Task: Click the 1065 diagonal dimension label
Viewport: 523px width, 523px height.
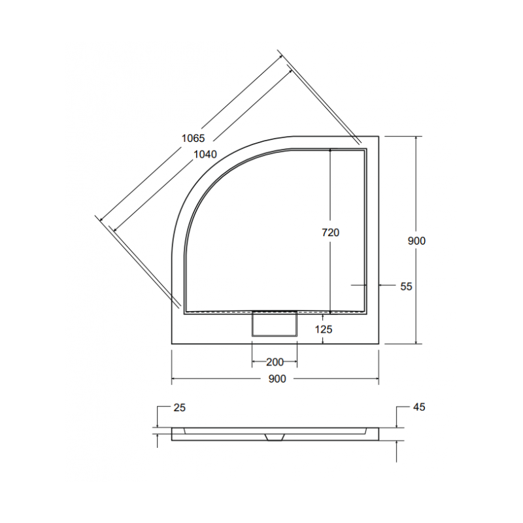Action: pyautogui.click(x=194, y=138)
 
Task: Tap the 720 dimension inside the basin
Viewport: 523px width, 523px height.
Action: pyautogui.click(x=331, y=232)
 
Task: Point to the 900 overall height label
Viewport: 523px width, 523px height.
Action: pyautogui.click(x=416, y=241)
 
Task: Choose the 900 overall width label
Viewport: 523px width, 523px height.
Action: pyautogui.click(x=277, y=379)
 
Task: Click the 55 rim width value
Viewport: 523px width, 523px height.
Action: pyautogui.click(x=405, y=286)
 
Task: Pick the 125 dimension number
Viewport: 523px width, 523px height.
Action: pyautogui.click(x=323, y=329)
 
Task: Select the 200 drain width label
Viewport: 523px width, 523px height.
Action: pyautogui.click(x=275, y=362)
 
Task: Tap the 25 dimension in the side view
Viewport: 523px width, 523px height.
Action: pyautogui.click(x=180, y=407)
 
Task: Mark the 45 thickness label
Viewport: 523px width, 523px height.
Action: pyautogui.click(x=419, y=407)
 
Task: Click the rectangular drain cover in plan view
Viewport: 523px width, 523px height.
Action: pyautogui.click(x=275, y=324)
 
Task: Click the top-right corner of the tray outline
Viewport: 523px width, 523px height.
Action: pyautogui.click(x=380, y=136)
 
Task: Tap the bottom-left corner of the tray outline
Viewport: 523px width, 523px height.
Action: pyautogui.click(x=171, y=344)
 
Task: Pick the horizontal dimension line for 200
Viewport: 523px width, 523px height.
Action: pyautogui.click(x=261, y=362)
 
